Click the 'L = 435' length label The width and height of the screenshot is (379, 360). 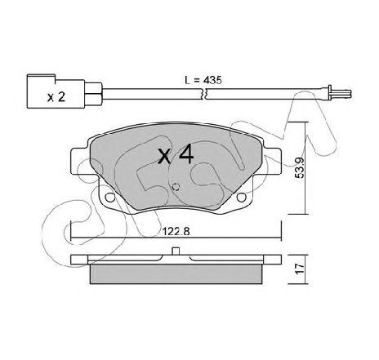pos(203,80)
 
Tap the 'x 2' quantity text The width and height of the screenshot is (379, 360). pos(56,97)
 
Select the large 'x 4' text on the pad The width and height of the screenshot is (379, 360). pos(176,155)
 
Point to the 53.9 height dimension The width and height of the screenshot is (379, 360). pos(299,167)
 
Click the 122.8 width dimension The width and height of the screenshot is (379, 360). pos(176,232)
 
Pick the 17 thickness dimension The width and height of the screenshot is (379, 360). pos(300,269)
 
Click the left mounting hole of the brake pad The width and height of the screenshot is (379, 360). pos(110,198)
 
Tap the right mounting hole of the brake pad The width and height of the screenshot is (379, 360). pos(241,198)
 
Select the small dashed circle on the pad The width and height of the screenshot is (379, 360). pos(176,187)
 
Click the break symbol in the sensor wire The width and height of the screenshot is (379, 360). pos(204,94)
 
